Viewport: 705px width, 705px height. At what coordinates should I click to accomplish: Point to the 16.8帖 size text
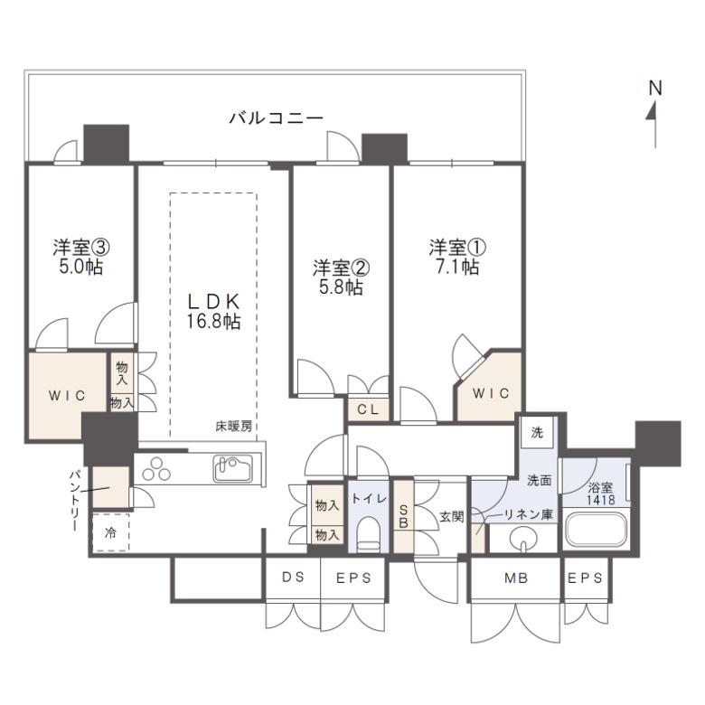[x=214, y=321]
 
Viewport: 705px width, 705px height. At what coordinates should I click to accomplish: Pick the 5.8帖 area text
[x=340, y=287]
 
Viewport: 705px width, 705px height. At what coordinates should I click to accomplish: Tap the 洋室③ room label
[x=81, y=247]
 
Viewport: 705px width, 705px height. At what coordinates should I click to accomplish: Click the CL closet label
[x=368, y=409]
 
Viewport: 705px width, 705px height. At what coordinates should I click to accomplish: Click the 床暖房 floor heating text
[x=232, y=426]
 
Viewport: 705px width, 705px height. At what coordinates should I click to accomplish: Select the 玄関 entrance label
[x=452, y=516]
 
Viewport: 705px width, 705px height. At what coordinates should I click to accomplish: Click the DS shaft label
[x=293, y=579]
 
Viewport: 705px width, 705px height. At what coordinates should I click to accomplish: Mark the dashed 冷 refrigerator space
[x=111, y=532]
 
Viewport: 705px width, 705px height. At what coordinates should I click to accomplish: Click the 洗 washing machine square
[x=537, y=432]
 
